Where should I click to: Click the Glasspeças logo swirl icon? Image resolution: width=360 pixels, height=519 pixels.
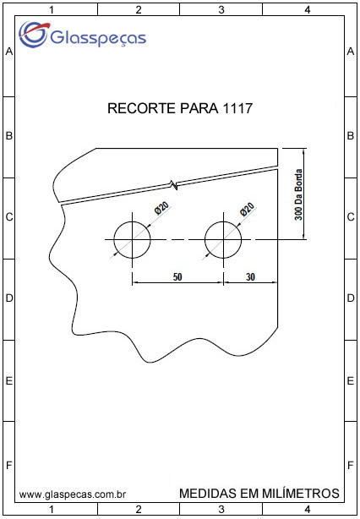tap(34, 34)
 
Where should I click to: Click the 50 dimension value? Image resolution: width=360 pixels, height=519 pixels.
tap(177, 276)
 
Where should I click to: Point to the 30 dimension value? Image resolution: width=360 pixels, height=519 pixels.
tap(250, 276)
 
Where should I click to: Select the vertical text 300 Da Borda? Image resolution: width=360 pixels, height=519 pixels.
tap(298, 194)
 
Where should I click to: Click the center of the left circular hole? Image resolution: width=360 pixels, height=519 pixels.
tap(132, 239)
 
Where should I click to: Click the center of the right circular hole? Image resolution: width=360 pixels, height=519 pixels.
tap(223, 239)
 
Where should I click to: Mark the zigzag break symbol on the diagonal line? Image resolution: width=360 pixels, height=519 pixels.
tap(173, 185)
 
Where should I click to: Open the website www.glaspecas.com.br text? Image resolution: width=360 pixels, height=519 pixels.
tap(72, 494)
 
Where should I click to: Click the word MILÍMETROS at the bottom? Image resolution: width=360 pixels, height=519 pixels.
tap(300, 493)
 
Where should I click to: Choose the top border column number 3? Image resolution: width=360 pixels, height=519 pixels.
tap(221, 10)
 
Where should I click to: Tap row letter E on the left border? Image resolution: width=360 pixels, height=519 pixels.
tap(9, 381)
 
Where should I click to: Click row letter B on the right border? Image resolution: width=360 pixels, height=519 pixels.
tap(351, 136)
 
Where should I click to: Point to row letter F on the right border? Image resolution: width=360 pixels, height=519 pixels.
tap(351, 466)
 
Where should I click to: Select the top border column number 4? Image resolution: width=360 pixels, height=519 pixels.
tap(308, 10)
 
